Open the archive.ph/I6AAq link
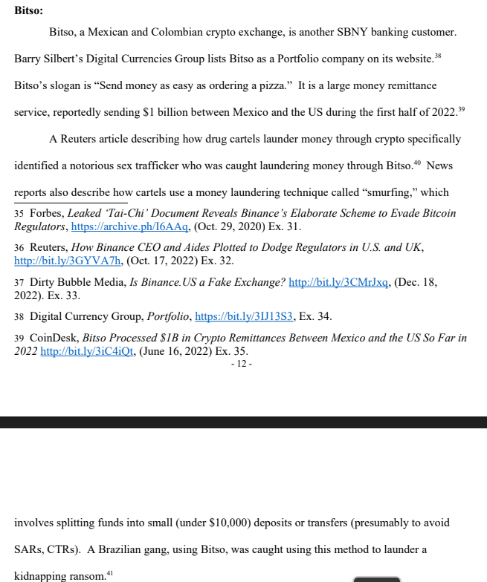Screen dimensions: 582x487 click(x=130, y=226)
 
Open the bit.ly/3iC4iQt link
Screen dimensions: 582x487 click(x=88, y=350)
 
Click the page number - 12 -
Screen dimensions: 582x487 click(x=242, y=364)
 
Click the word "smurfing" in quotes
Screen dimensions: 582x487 click(x=390, y=192)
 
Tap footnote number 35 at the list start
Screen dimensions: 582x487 click(x=20, y=213)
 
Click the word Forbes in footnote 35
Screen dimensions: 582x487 click(x=46, y=213)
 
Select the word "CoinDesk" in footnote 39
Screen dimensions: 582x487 click(x=54, y=338)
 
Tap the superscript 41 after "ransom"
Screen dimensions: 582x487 click(x=110, y=572)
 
